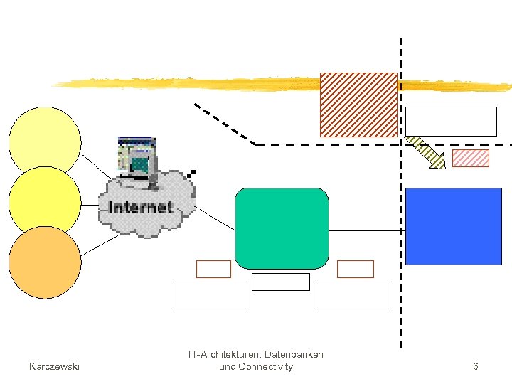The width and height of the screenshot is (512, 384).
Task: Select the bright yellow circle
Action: pyautogui.click(x=45, y=202)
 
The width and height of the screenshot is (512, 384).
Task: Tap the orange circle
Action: pyautogui.click(x=45, y=262)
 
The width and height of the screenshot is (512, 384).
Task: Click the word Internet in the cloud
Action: pyautogui.click(x=141, y=208)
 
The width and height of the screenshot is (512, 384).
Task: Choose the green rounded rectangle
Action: pyautogui.click(x=282, y=228)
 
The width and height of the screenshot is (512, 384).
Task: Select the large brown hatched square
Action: pyautogui.click(x=358, y=105)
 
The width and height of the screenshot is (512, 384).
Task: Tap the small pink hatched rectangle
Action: pyautogui.click(x=471, y=158)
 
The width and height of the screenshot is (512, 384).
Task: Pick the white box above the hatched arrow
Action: pyautogui.click(x=451, y=121)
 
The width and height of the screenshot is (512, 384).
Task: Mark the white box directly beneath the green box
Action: pyautogui.click(x=281, y=282)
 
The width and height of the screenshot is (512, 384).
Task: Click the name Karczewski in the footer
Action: pyautogui.click(x=54, y=366)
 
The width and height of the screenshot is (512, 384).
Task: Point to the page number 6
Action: pyautogui.click(x=475, y=366)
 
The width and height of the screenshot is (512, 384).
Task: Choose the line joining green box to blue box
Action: pyautogui.click(x=367, y=231)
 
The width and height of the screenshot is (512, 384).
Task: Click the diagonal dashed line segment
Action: pyautogui.click(x=225, y=124)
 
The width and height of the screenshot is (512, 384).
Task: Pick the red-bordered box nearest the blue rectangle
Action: pyautogui.click(x=355, y=269)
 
